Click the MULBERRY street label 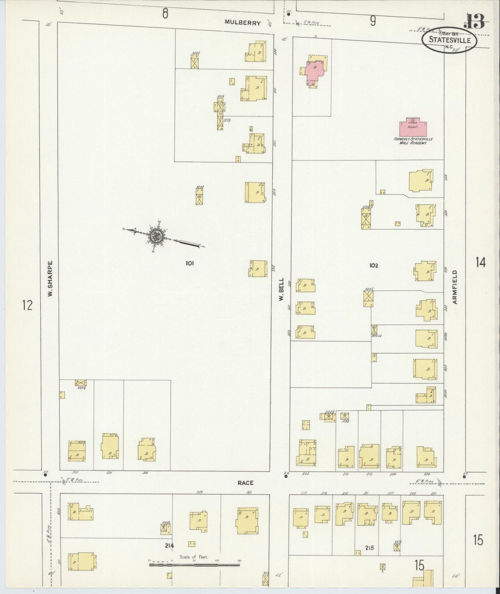[242, 22]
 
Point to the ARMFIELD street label [455, 287]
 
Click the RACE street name [245, 483]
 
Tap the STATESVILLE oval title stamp [449, 40]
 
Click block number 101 [189, 263]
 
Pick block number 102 [373, 265]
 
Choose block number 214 [169, 545]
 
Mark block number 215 [369, 548]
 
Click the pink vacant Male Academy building [413, 128]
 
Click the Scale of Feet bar [194, 565]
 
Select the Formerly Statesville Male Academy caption [413, 141]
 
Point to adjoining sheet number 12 [27, 305]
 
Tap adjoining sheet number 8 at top [165, 14]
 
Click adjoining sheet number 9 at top [372, 21]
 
